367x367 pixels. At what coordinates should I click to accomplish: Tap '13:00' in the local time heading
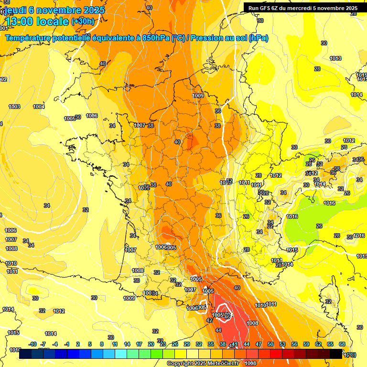23,22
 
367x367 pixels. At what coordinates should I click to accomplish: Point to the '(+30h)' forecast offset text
82,22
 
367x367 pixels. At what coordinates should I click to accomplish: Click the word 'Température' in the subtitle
29,38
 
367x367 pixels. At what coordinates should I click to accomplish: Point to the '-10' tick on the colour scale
32,344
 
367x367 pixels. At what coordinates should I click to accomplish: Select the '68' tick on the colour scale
342,344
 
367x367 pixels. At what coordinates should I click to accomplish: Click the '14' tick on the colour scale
127,344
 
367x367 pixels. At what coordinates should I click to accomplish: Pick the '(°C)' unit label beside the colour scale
350,355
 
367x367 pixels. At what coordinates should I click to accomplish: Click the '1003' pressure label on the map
14,107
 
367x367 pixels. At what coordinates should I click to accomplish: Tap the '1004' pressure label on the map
39,107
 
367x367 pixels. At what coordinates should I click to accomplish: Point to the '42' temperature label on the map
209,320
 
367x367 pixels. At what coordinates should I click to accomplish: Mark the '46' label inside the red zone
227,317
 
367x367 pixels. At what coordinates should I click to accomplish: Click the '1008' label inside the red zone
252,324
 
